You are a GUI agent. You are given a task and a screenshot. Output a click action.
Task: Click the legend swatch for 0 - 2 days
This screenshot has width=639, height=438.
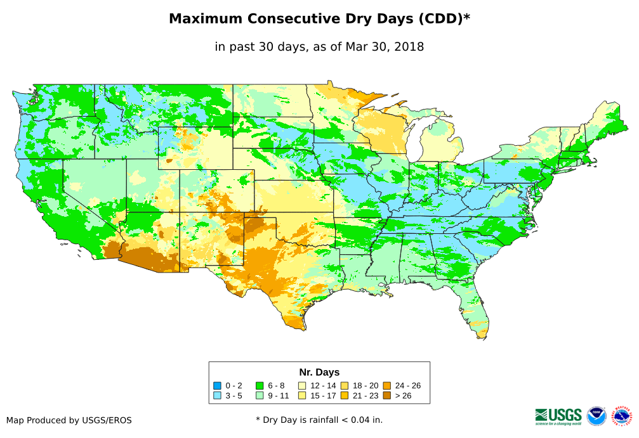click(217, 385)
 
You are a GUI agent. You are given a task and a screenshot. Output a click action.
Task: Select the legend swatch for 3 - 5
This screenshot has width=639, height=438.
click(217, 396)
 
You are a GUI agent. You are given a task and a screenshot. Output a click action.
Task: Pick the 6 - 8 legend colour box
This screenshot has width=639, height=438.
click(260, 385)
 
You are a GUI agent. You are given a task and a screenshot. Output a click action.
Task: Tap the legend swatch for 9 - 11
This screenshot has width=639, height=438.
click(260, 396)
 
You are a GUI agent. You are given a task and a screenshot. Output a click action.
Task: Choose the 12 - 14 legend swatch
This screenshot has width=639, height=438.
click(302, 385)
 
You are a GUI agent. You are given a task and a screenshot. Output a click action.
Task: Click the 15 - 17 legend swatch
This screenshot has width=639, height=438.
click(302, 396)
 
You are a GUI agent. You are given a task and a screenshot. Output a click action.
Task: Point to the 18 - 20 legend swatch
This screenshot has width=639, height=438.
click(344, 385)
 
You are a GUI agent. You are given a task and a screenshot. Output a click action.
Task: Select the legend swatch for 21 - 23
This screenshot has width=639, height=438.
click(344, 396)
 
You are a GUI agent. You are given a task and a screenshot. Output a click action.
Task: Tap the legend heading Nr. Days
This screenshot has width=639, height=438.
click(319, 372)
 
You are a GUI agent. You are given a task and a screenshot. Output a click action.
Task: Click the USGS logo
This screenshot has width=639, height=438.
click(558, 416)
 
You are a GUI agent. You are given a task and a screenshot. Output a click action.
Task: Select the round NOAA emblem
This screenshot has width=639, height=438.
click(596, 416)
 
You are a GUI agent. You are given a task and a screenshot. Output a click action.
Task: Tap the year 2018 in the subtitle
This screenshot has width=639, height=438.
click(409, 46)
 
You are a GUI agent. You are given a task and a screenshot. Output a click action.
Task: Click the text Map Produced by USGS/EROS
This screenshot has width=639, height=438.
click(69, 420)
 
